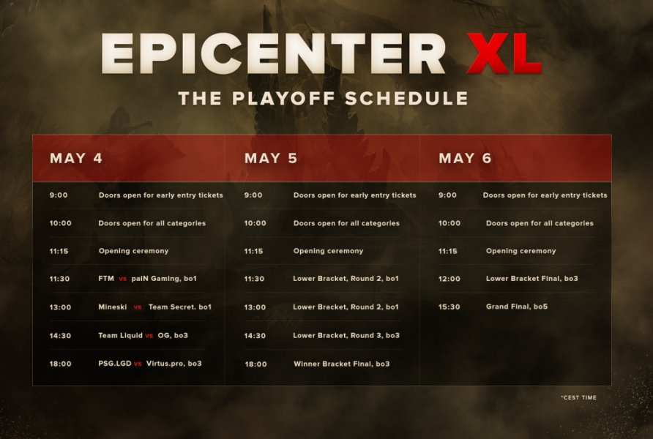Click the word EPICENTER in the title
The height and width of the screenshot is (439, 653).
pyautogui.click(x=273, y=54)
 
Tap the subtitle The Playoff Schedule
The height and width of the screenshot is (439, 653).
pyautogui.click(x=323, y=99)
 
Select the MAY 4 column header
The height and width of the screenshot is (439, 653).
pyautogui.click(x=76, y=158)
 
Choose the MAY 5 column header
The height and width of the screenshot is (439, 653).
pyautogui.click(x=271, y=158)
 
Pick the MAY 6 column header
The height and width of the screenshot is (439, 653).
pyautogui.click(x=465, y=158)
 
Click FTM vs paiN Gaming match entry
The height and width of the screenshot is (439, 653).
pyautogui.click(x=147, y=279)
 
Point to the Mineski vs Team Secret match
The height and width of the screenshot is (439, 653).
pyautogui.click(x=154, y=307)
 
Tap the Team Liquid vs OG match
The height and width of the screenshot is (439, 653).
pyautogui.click(x=143, y=336)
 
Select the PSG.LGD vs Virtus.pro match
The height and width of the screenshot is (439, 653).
pyautogui.click(x=149, y=364)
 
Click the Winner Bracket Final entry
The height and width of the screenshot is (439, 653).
pyautogui.click(x=341, y=364)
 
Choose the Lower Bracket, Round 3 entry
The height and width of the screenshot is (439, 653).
pyautogui.click(x=346, y=336)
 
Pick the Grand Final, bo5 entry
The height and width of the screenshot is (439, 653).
pyautogui.click(x=516, y=307)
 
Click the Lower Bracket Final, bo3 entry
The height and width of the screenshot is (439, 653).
pyautogui.click(x=531, y=279)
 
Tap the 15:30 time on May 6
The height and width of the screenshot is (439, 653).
pyautogui.click(x=449, y=307)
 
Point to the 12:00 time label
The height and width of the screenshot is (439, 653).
pyautogui.click(x=449, y=279)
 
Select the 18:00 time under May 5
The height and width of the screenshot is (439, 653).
pyautogui.click(x=255, y=364)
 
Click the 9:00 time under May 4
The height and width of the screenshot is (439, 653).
pyautogui.click(x=59, y=195)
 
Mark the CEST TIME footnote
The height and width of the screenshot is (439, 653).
pyautogui.click(x=578, y=398)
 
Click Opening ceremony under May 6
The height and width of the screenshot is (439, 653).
pyautogui.click(x=520, y=251)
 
